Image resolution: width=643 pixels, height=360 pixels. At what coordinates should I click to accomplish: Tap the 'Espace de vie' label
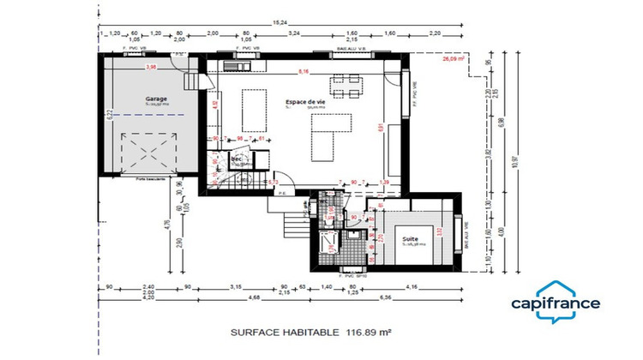click(305, 102)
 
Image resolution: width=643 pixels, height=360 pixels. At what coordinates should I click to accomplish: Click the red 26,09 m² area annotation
click(452, 61)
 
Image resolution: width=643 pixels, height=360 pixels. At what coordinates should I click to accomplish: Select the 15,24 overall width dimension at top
click(280, 23)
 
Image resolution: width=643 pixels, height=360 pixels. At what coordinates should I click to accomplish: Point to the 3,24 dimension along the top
click(295, 33)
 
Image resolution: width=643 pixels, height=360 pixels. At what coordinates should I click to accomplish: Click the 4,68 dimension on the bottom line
click(255, 298)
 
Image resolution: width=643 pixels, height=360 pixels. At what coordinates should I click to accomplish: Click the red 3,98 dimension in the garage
click(152, 66)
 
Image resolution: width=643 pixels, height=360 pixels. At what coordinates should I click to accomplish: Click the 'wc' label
click(234, 159)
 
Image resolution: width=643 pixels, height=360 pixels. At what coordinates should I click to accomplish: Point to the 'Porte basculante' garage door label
click(152, 178)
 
